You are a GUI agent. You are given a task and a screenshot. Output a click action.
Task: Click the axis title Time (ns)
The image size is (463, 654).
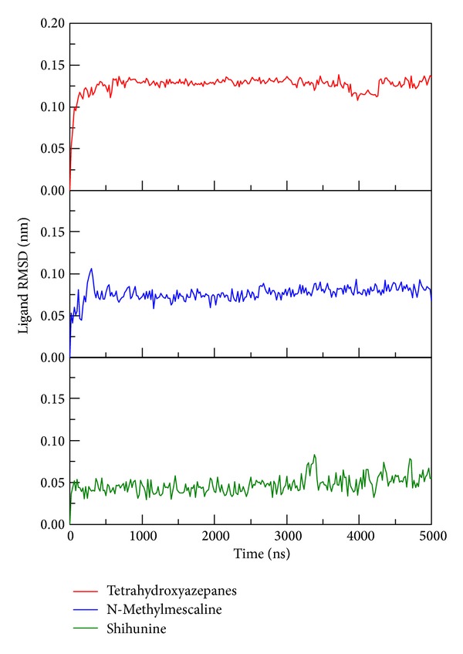tap(250, 554)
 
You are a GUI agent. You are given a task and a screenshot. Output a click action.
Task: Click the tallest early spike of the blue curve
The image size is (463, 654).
tap(92, 269)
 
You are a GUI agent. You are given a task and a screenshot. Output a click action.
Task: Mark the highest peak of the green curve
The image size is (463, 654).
tap(315, 455)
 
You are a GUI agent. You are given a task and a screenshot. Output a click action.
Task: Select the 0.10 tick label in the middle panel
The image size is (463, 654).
tap(51, 274)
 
